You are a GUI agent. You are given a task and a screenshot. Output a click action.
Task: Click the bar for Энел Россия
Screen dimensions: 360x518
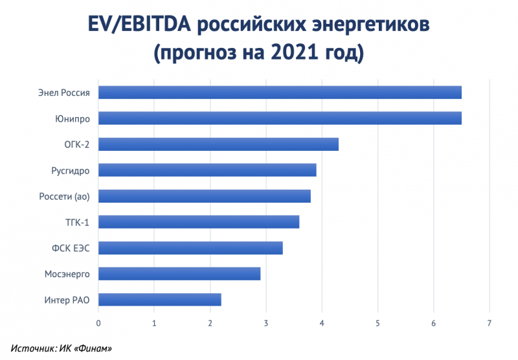[x=280, y=92]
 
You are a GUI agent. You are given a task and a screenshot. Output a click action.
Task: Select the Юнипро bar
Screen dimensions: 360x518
[x=280, y=118]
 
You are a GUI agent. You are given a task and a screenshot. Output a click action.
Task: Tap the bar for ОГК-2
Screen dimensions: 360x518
[x=218, y=144]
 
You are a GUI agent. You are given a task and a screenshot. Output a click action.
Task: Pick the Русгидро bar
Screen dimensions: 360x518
[x=207, y=170]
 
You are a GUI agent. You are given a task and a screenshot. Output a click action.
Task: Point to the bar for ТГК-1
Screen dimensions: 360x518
[x=199, y=222]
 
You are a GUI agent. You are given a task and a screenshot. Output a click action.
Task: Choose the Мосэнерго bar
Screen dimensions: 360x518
[x=179, y=274]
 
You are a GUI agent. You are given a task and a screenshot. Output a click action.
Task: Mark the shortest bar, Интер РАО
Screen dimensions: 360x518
[x=160, y=300]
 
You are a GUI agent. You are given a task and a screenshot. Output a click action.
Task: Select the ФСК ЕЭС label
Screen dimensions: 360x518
[x=70, y=248]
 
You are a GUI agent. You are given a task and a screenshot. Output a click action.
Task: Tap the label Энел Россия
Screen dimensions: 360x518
[x=63, y=93]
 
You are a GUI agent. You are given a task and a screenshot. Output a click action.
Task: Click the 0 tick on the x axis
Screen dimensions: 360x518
[x=98, y=322]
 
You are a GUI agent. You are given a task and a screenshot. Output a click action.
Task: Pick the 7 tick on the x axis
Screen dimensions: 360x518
[x=490, y=322]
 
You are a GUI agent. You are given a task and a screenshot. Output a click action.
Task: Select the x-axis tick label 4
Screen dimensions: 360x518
[x=322, y=322]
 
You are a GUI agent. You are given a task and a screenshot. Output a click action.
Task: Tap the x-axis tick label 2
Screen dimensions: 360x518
[x=210, y=322]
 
